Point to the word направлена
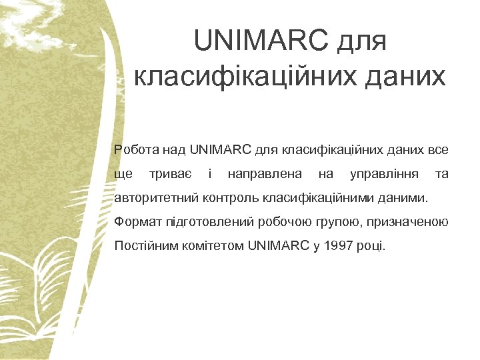point(265,174)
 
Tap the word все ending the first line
point(437,149)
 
